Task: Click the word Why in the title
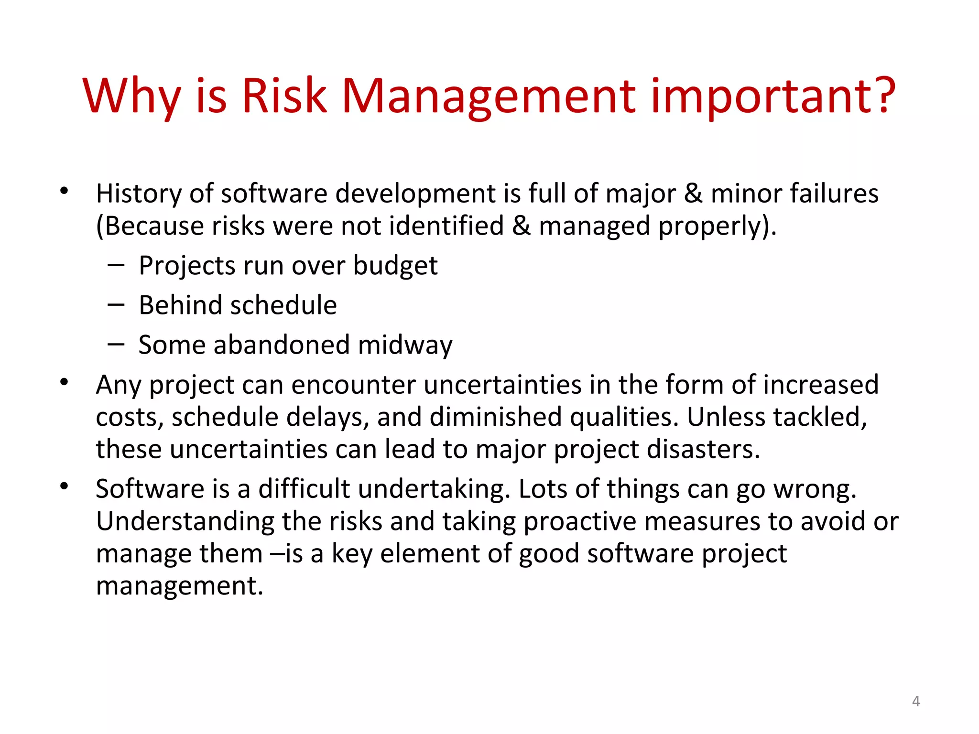pos(132,97)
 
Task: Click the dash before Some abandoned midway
pos(116,344)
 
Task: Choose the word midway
pos(405,345)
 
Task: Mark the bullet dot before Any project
pos(65,382)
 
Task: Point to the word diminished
pos(495,417)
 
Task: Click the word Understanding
pos(185,522)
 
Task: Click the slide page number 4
pos(916,701)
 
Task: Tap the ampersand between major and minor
pos(693,194)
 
